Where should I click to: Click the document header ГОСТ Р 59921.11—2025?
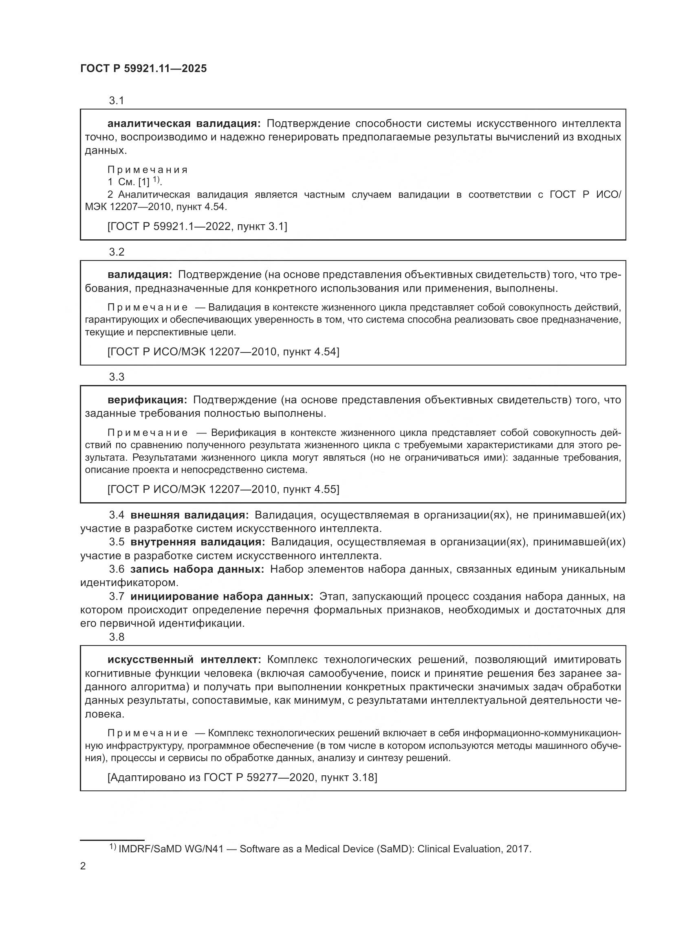tap(143, 69)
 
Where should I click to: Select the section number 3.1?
tap(117, 101)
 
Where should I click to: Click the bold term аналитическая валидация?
tap(184, 124)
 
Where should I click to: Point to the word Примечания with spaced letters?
tap(148, 170)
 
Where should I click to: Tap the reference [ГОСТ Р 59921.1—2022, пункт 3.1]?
tap(197, 226)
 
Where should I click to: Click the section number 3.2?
tap(117, 252)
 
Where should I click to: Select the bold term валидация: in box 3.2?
tap(139, 274)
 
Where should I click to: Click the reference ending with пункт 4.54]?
tap(223, 352)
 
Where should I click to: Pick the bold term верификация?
tap(148, 400)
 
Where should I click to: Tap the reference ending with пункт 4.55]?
tap(223, 489)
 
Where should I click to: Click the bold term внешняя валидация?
tap(189, 515)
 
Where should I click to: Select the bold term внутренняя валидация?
tap(198, 542)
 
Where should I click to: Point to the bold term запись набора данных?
tap(197, 569)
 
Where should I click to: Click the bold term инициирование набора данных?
tap(222, 596)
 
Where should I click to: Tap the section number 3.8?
tap(117, 637)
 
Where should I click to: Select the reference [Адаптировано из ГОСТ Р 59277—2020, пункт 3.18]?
tap(242, 777)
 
